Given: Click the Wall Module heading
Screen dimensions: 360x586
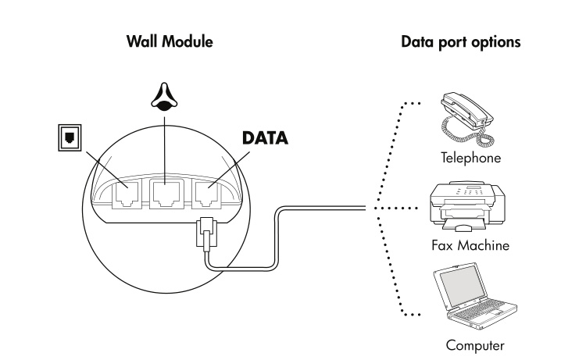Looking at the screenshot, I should [169, 41].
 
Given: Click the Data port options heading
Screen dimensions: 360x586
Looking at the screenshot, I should [459, 41].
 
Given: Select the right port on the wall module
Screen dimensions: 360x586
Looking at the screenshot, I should [208, 192].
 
